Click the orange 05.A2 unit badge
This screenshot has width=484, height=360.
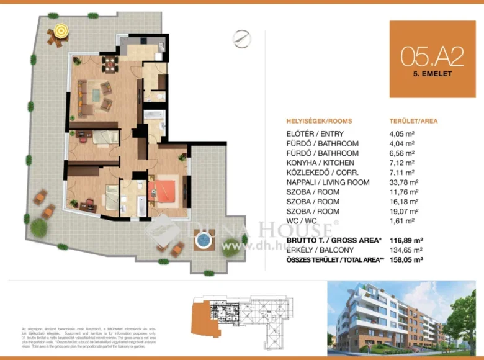[x=432, y=59]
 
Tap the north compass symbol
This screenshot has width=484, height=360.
[x=241, y=38]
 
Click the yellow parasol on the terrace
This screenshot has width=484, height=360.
[x=60, y=29]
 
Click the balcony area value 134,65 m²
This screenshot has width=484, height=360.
[x=402, y=250]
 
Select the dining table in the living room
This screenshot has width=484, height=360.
[x=110, y=62]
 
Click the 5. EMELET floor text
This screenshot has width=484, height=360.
[x=432, y=73]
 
